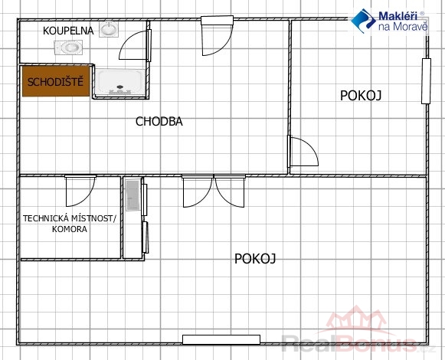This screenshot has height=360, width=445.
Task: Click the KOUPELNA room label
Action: click(68, 31)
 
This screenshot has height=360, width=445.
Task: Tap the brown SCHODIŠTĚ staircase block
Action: click(56, 81)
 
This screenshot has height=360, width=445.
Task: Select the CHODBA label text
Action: click(159, 122)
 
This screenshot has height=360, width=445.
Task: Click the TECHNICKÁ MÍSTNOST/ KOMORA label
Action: click(70, 224)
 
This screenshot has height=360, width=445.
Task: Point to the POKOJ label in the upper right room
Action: click(361, 96)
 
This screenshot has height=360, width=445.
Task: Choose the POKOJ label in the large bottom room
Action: click(255, 259)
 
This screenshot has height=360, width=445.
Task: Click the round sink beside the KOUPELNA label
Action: click(109, 29)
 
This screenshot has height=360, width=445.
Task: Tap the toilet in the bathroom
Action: click(68, 47)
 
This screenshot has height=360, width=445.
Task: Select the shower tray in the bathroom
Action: click(120, 82)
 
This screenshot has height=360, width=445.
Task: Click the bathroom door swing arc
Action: click(126, 40)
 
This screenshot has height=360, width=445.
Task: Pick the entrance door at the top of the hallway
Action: click(217, 35)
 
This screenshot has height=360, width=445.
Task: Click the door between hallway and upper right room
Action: click(303, 151)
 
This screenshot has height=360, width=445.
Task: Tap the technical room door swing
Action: click(80, 191)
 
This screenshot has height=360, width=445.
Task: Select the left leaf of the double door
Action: click(198, 191)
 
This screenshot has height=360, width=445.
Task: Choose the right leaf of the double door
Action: click(230, 191)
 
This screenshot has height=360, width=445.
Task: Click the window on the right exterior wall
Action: click(426, 81)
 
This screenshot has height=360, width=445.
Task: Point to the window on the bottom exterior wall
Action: click(221, 339)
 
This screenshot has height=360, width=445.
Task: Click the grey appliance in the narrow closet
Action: click(133, 195)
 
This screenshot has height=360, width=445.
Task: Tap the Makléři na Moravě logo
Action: click(389, 21)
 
